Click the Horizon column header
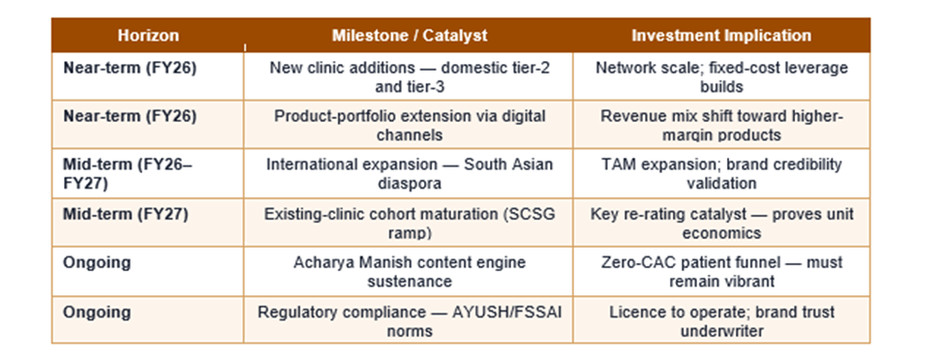tap(148, 36)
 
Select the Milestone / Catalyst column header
tap(410, 36)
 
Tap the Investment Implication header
tap(721, 36)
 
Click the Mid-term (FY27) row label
tap(126, 215)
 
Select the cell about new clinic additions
tap(410, 76)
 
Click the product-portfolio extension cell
tap(410, 125)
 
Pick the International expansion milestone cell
tap(410, 173)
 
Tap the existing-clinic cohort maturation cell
tap(410, 224)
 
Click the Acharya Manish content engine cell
tap(410, 272)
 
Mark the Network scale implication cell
tap(721, 76)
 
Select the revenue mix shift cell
tap(721, 125)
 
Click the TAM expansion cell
tap(721, 173)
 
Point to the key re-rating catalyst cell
tap(721, 224)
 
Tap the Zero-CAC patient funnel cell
tap(721, 272)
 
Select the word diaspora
tap(410, 183)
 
